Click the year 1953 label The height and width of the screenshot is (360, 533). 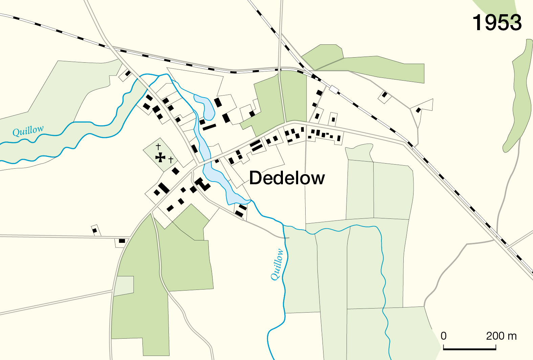[497, 23]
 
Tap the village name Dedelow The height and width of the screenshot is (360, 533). [287, 178]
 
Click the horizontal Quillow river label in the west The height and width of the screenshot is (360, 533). [28, 131]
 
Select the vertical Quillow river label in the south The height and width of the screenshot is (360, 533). [277, 265]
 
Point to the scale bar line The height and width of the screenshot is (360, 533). [469, 348]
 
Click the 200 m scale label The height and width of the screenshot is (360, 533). [501, 336]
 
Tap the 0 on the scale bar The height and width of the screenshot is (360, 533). [444, 336]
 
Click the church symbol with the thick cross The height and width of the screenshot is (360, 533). [160, 157]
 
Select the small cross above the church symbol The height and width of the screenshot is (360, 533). [158, 147]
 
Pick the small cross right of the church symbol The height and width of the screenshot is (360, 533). [171, 160]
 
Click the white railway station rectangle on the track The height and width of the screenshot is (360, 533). [334, 90]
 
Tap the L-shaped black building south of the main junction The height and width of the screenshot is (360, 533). [203, 184]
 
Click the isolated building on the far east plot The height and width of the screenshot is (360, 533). [418, 110]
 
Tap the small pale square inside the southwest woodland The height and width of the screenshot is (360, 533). [124, 285]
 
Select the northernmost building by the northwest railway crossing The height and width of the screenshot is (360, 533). [128, 73]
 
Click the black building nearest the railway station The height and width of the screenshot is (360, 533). [319, 92]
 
